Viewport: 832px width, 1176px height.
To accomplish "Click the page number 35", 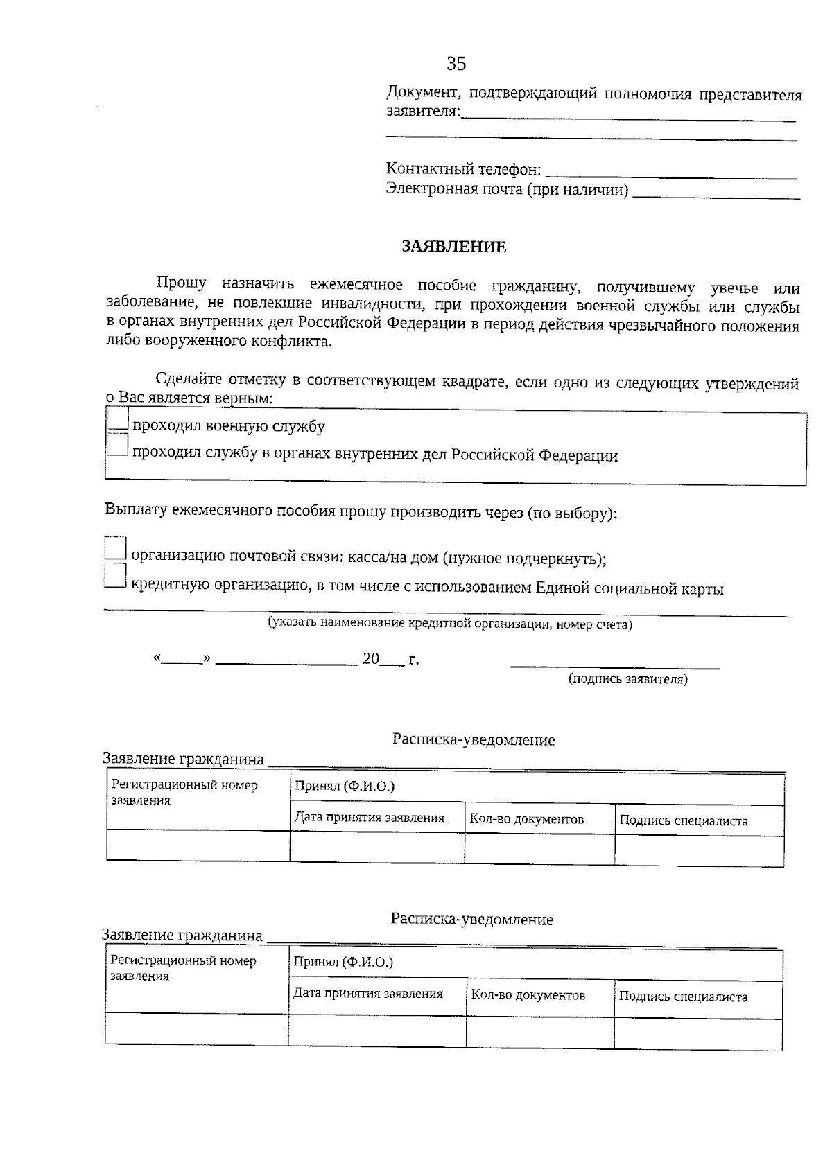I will (456, 64).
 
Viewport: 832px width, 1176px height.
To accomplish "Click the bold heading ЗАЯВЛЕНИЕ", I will (454, 247).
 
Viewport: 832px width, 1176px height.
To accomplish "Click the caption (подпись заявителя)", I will (627, 679).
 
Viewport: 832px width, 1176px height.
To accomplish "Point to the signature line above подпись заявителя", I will (614, 666).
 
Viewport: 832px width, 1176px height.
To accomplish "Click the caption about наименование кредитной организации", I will (450, 624).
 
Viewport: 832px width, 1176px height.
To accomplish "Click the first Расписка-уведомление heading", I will (474, 740).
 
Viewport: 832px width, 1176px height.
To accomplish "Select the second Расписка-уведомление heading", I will (471, 920).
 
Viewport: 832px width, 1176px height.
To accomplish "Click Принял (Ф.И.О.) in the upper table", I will (345, 786).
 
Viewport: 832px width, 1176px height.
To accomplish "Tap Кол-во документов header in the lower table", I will (528, 995).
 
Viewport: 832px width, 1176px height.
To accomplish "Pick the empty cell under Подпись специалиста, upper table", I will (699, 850).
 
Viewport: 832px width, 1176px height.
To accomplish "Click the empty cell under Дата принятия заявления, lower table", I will (376, 1030).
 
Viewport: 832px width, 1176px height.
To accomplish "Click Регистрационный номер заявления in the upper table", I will (184, 793).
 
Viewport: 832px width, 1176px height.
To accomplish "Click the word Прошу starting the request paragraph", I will (181, 283).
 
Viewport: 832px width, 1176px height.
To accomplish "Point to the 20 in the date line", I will (370, 659).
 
